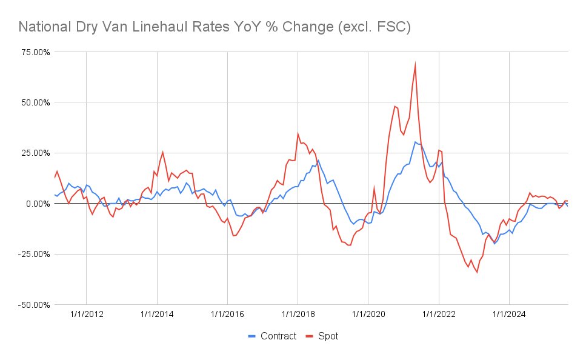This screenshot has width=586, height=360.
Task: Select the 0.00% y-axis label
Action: (35, 203)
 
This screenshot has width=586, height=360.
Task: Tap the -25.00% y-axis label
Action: (32, 253)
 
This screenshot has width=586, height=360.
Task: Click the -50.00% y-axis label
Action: (32, 304)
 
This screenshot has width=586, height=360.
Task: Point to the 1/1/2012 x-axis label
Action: (86, 315)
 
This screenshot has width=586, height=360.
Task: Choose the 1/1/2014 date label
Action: (157, 315)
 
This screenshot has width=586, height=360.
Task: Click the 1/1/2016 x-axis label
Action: (227, 315)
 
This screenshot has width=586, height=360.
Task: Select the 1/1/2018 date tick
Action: (298, 315)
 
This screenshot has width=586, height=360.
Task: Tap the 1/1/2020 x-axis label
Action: (368, 315)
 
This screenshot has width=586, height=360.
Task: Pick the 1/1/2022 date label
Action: (439, 315)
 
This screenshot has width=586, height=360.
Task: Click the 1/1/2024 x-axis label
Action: (509, 315)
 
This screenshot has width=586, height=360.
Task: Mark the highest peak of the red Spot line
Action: (415, 64)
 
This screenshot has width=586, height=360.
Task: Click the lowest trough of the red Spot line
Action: (477, 272)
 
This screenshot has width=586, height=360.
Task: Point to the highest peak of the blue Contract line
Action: (415, 142)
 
